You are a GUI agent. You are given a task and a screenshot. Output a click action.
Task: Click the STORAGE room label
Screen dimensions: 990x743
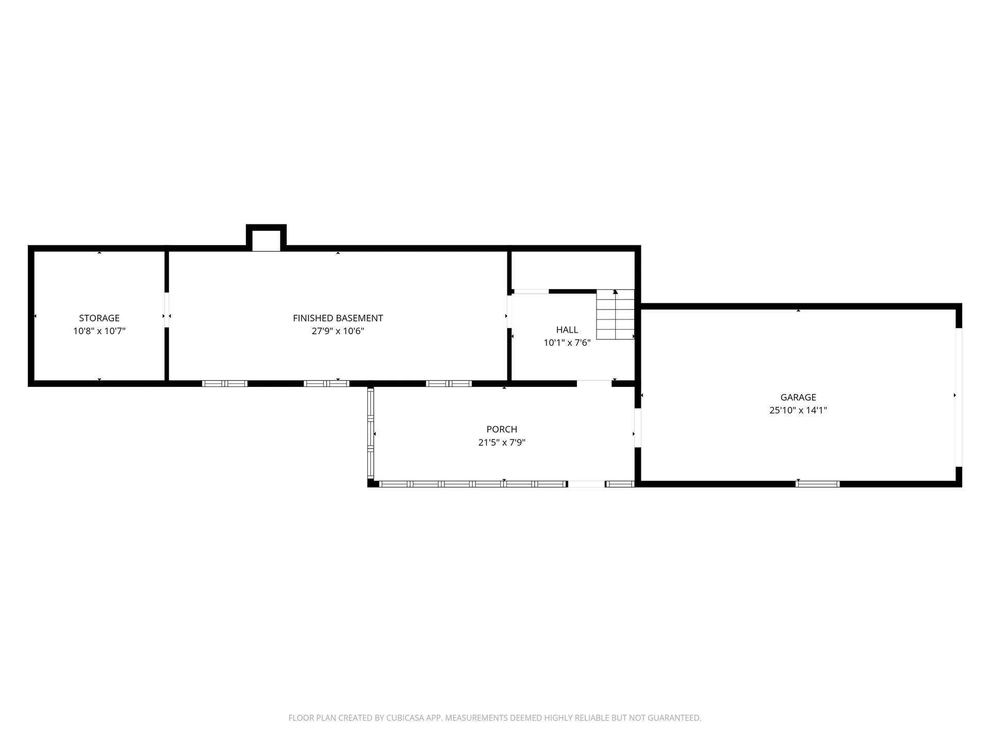pos(99,318)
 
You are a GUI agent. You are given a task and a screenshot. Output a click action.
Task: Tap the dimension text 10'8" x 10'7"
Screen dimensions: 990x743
pos(99,331)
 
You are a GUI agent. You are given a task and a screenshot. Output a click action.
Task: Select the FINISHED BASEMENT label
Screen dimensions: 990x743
pos(338,318)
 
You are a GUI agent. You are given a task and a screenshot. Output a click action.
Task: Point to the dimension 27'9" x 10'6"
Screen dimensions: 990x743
pos(338,331)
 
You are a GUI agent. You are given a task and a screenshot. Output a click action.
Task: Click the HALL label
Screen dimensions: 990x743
pos(567,330)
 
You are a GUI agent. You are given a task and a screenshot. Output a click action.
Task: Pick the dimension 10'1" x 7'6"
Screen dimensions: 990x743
pos(567,343)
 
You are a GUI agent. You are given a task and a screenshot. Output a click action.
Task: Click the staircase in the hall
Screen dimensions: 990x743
pos(615,314)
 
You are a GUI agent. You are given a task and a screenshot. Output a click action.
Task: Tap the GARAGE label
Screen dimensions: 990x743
pos(798,397)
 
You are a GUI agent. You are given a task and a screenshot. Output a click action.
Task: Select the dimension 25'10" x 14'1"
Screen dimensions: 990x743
pos(798,410)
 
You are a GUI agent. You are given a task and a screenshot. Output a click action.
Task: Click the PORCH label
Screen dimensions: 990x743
pos(502,429)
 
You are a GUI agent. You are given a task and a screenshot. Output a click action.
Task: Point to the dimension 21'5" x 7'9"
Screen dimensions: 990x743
pos(502,442)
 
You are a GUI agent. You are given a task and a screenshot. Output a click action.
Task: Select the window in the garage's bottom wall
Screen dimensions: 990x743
pos(818,484)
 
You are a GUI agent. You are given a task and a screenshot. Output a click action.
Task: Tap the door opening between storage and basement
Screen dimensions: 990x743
pos(167,310)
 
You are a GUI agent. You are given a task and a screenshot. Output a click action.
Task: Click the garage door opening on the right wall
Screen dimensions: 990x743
pos(959,397)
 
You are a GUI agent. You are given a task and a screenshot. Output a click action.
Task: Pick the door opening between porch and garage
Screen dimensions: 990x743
pos(637,428)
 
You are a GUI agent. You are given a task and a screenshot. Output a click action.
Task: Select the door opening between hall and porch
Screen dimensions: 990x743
pos(594,383)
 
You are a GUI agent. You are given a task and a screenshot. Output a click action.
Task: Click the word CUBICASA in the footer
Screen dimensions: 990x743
pos(405,718)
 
